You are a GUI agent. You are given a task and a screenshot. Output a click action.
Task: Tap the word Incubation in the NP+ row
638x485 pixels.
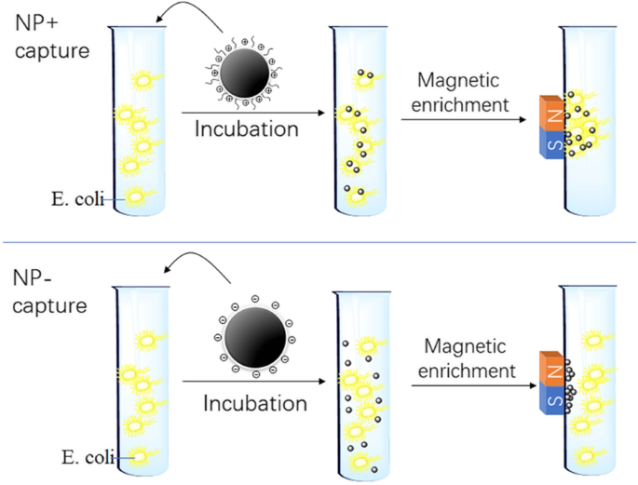[x=246, y=129]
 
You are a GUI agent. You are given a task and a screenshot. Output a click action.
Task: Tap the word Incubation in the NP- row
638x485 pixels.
[x=255, y=403]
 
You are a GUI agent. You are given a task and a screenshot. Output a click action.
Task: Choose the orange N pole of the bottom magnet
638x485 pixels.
[x=551, y=371]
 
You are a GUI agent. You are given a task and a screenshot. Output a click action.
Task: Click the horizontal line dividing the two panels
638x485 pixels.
[x=319, y=244]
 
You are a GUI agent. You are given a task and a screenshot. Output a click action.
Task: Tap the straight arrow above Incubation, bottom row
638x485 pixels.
[x=251, y=382]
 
